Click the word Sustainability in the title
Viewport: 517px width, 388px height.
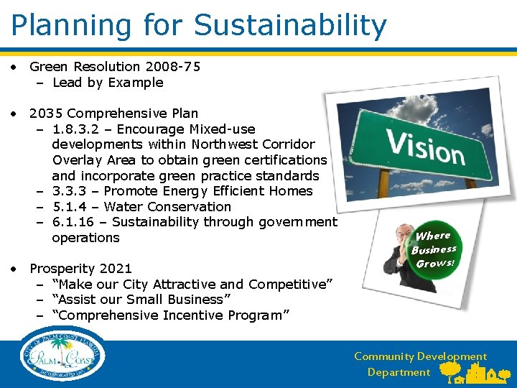[x=290, y=25]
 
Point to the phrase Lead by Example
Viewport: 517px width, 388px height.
[x=108, y=83]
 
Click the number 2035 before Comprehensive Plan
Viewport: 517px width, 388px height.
[x=46, y=114]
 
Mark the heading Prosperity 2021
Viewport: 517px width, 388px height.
[x=80, y=269]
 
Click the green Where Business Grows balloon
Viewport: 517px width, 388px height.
[x=434, y=249]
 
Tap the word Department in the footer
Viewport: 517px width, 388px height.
[x=399, y=372]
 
